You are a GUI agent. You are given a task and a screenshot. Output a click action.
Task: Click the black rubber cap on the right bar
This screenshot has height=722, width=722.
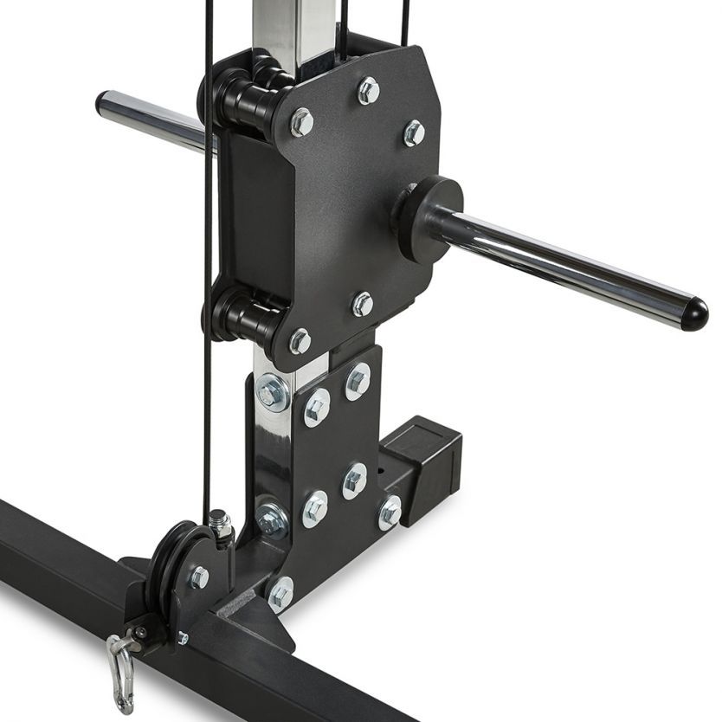(693, 314)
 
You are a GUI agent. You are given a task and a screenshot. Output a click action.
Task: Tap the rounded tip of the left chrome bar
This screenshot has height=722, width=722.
(102, 102)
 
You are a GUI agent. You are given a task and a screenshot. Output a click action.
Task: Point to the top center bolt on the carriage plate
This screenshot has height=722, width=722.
(368, 90)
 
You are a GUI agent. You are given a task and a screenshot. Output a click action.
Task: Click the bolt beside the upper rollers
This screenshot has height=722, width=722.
(301, 122)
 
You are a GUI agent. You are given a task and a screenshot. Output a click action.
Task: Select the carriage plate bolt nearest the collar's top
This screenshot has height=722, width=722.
(414, 132)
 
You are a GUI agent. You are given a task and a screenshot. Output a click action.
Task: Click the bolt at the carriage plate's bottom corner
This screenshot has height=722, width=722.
(300, 341)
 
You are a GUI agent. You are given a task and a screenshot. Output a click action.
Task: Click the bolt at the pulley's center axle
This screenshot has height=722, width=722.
(198, 577)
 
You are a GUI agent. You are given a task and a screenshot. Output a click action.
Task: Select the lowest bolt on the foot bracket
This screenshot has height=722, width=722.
(279, 595)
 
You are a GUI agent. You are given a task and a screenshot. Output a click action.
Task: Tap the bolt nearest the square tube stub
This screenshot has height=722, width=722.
(390, 512)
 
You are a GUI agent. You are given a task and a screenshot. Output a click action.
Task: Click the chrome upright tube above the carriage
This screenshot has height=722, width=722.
(294, 26)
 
